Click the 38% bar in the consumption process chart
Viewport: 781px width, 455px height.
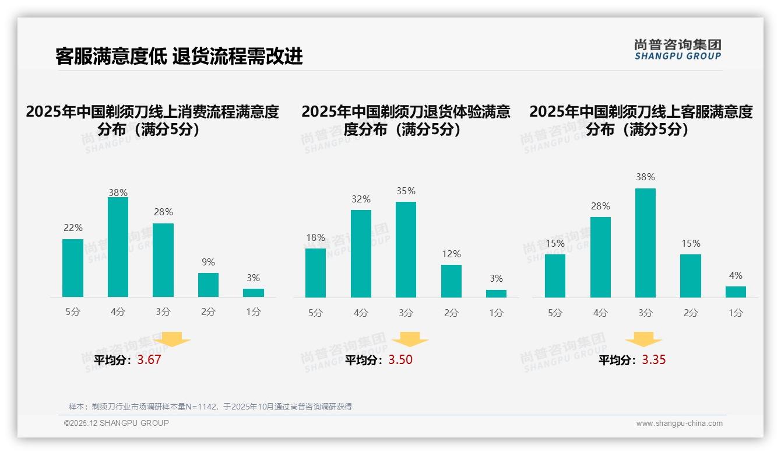[x=118, y=247]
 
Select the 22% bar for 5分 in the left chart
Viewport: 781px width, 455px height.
[x=73, y=268]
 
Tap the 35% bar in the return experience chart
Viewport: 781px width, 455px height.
[x=406, y=250]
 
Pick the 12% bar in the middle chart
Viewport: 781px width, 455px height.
[x=451, y=281]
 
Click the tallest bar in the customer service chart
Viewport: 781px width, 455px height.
[x=645, y=243]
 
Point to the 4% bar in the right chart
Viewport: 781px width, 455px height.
[x=736, y=292]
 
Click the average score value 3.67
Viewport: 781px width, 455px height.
[x=149, y=360]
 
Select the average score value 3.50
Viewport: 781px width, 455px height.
[x=400, y=360]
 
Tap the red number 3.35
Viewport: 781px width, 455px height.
[x=654, y=360]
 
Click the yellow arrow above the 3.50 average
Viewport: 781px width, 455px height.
[x=410, y=339]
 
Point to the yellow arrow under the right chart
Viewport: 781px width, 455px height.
[x=643, y=339]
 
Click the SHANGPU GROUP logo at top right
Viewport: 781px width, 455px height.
[x=678, y=50]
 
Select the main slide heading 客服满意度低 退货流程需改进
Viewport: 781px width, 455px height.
[x=180, y=56]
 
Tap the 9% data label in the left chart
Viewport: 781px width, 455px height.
[x=208, y=262]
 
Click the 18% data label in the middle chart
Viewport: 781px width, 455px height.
[x=315, y=237]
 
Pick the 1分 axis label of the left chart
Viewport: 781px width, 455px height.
[x=254, y=312]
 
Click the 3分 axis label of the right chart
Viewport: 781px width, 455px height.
[x=645, y=313]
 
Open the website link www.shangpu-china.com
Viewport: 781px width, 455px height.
[x=679, y=423]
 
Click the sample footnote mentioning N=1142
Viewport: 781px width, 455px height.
[x=210, y=407]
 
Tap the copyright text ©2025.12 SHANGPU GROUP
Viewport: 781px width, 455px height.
[x=117, y=423]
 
